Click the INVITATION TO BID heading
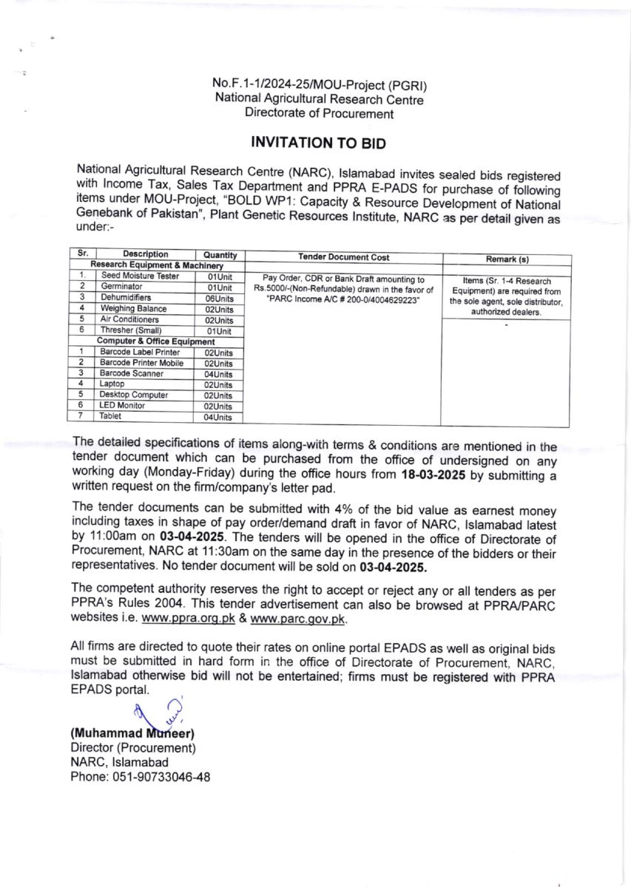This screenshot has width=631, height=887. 319,142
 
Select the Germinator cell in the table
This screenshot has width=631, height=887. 123,286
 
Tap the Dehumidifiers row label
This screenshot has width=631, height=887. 126,297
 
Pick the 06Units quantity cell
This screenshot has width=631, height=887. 219,298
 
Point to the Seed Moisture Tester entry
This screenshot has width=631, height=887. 140,276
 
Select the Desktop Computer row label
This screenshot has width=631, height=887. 134,395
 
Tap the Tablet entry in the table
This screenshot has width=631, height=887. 111,416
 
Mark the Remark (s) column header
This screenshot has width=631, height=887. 506,259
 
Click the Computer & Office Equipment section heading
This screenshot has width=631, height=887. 156,341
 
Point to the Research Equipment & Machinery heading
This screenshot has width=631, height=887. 156,265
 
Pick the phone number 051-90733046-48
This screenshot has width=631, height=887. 163,777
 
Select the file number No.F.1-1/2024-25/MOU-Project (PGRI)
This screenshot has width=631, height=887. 319,86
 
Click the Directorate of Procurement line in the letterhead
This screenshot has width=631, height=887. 319,114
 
